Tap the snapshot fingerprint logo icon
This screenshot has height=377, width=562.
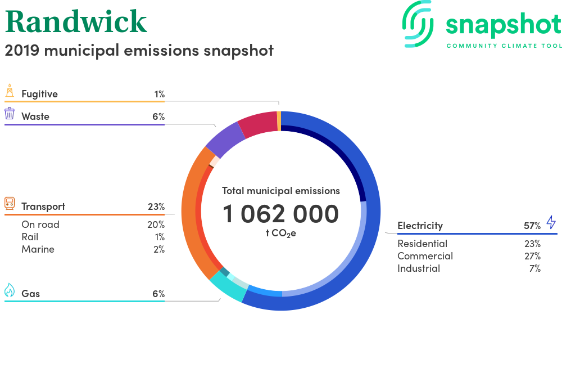tap(418, 24)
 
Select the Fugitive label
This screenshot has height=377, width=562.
tap(39, 94)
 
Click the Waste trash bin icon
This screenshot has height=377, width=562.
tap(10, 113)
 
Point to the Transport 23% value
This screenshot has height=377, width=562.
tap(156, 207)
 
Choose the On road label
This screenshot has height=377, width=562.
tap(40, 225)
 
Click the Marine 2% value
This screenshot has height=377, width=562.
tap(159, 249)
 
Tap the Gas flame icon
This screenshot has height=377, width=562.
tap(10, 290)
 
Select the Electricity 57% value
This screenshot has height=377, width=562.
tap(532, 226)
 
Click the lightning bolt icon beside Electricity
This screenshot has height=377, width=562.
tap(551, 222)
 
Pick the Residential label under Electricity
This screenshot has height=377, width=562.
tap(422, 244)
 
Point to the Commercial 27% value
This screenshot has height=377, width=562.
tap(532, 256)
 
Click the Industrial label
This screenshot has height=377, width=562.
tap(419, 268)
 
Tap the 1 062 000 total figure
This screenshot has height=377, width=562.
tap(280, 214)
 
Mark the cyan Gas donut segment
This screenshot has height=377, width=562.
tap(228, 286)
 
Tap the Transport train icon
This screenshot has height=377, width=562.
tap(10, 203)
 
